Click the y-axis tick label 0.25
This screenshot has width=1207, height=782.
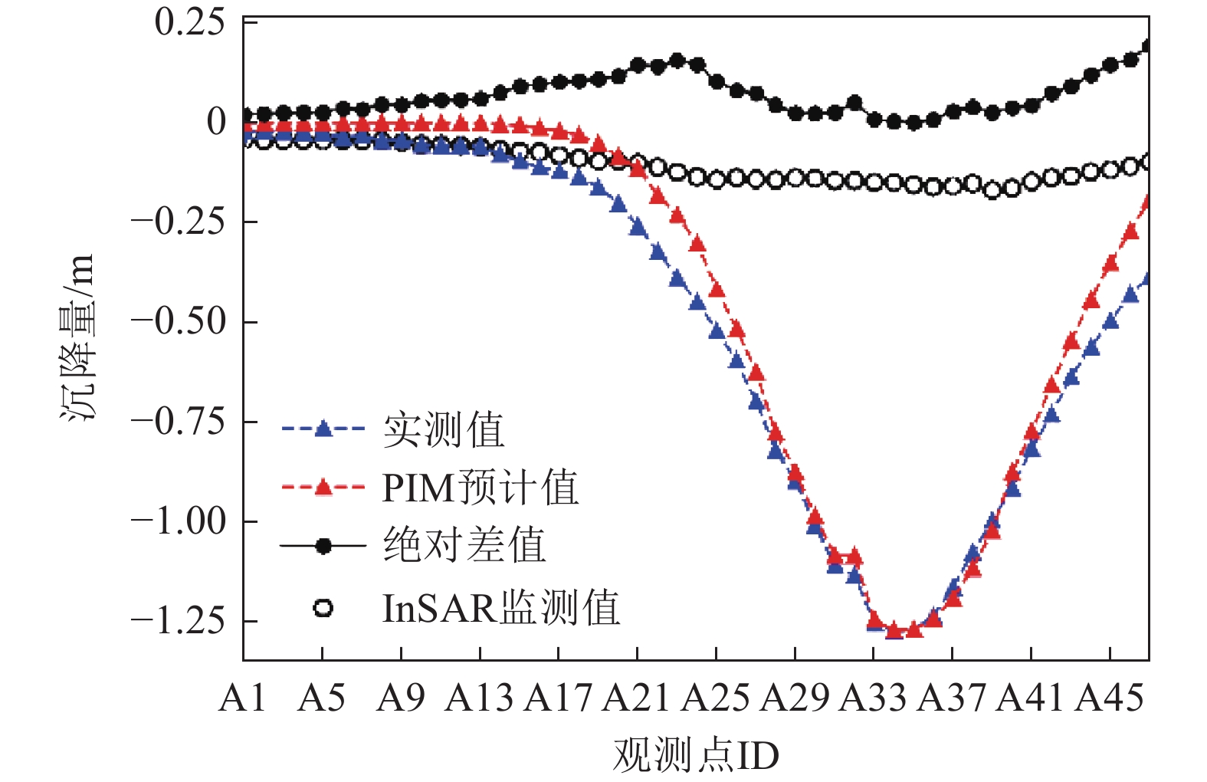point(189,22)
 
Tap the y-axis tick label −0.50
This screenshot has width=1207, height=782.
point(179,321)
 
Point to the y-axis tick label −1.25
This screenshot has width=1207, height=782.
point(179,620)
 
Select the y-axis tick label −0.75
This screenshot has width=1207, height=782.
point(179,421)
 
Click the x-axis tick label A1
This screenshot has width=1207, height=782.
point(242,698)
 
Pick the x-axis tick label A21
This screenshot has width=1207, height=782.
point(636,698)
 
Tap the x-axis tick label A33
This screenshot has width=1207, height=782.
point(873,698)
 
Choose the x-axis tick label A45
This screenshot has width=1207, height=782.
point(1109,698)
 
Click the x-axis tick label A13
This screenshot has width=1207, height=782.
point(479,698)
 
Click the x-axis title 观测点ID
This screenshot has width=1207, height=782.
point(695,756)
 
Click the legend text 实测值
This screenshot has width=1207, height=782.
point(444,430)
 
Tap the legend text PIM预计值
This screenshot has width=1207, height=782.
point(480,488)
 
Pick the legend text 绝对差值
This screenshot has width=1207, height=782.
point(464,546)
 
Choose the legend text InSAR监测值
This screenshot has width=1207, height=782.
point(500,609)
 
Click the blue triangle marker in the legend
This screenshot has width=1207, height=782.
point(323,429)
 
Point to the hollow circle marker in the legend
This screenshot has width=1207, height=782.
point(323,609)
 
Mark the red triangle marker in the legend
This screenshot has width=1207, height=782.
point(323,487)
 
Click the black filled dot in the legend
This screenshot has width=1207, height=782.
point(323,546)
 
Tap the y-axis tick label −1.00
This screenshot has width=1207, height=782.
point(179,521)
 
